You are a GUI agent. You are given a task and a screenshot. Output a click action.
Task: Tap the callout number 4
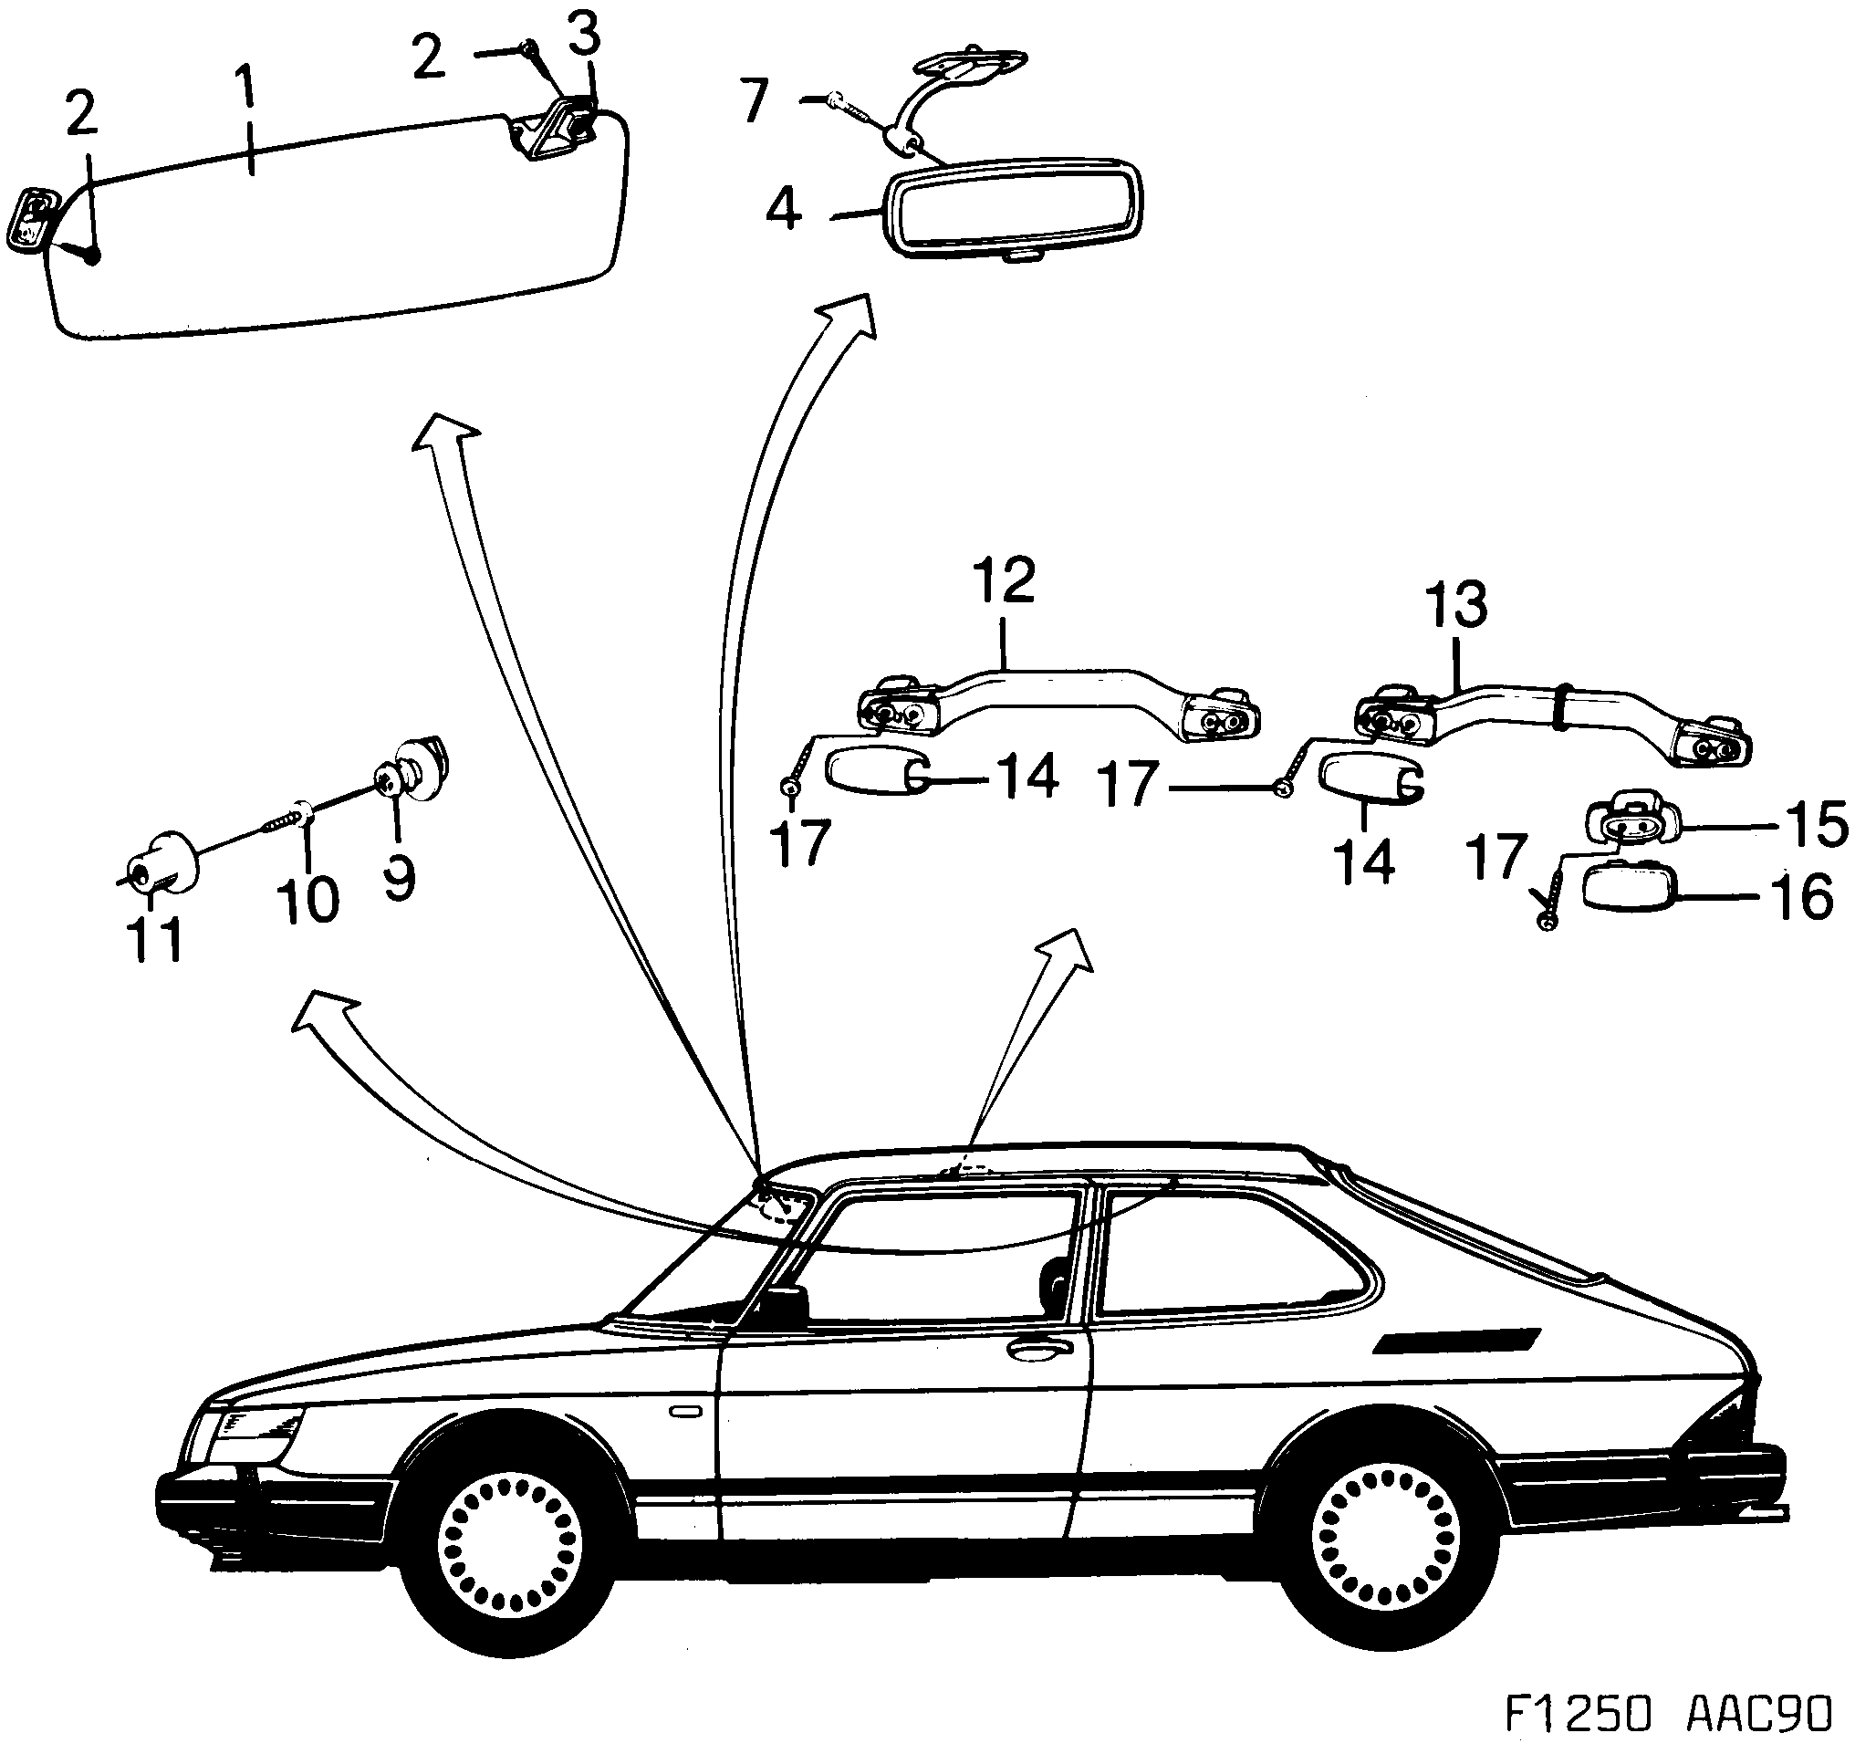(x=783, y=209)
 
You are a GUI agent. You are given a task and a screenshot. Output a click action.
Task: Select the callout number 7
(x=755, y=101)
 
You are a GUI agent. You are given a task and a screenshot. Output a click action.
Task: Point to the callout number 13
(x=1459, y=605)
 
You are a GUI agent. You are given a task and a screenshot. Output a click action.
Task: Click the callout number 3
(x=584, y=36)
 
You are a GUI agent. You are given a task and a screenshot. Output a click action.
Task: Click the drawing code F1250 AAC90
(x=1668, y=1714)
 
